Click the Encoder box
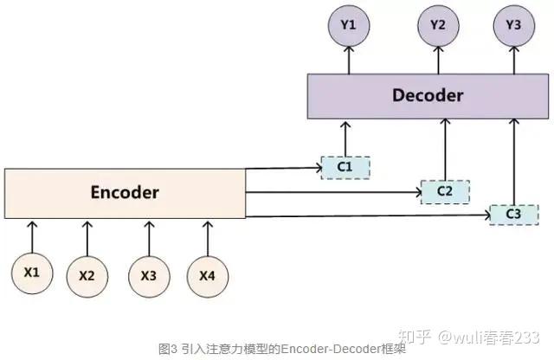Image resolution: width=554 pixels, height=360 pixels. [125, 192]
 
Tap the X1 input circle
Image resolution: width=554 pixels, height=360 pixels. [32, 273]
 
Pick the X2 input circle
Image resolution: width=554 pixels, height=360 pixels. [87, 276]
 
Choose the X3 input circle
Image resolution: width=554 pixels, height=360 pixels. [148, 276]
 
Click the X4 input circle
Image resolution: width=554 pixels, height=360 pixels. [206, 276]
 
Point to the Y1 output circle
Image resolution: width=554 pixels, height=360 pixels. [348, 26]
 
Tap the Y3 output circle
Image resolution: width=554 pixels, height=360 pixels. [514, 26]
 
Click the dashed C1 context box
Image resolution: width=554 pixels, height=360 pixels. [345, 166]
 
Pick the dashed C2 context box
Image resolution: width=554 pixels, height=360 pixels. [444, 190]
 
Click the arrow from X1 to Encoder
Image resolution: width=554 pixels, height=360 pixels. [32, 234]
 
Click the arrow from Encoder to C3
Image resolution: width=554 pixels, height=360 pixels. [364, 214]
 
